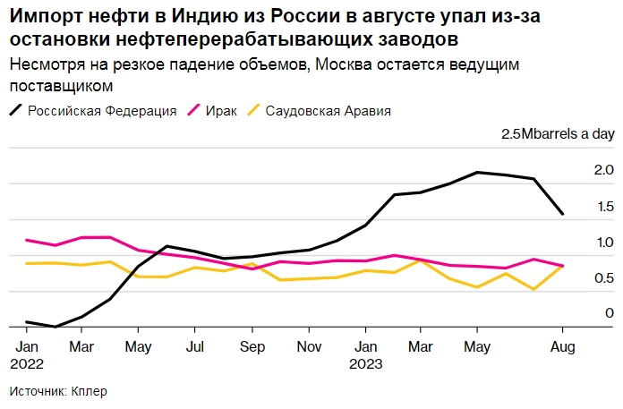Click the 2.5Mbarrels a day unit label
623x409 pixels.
click(558, 133)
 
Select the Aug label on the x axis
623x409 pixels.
click(561, 345)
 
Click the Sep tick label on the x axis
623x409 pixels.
click(252, 345)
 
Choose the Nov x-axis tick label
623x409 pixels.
click(309, 345)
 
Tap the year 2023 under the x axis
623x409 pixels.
click(366, 364)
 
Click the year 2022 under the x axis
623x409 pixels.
click(26, 364)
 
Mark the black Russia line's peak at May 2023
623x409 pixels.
click(478, 172)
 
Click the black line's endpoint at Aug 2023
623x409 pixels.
click(562, 214)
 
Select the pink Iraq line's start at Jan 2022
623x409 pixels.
click(27, 240)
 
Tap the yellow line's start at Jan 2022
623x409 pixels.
click(27, 263)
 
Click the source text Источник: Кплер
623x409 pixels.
click(64, 391)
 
